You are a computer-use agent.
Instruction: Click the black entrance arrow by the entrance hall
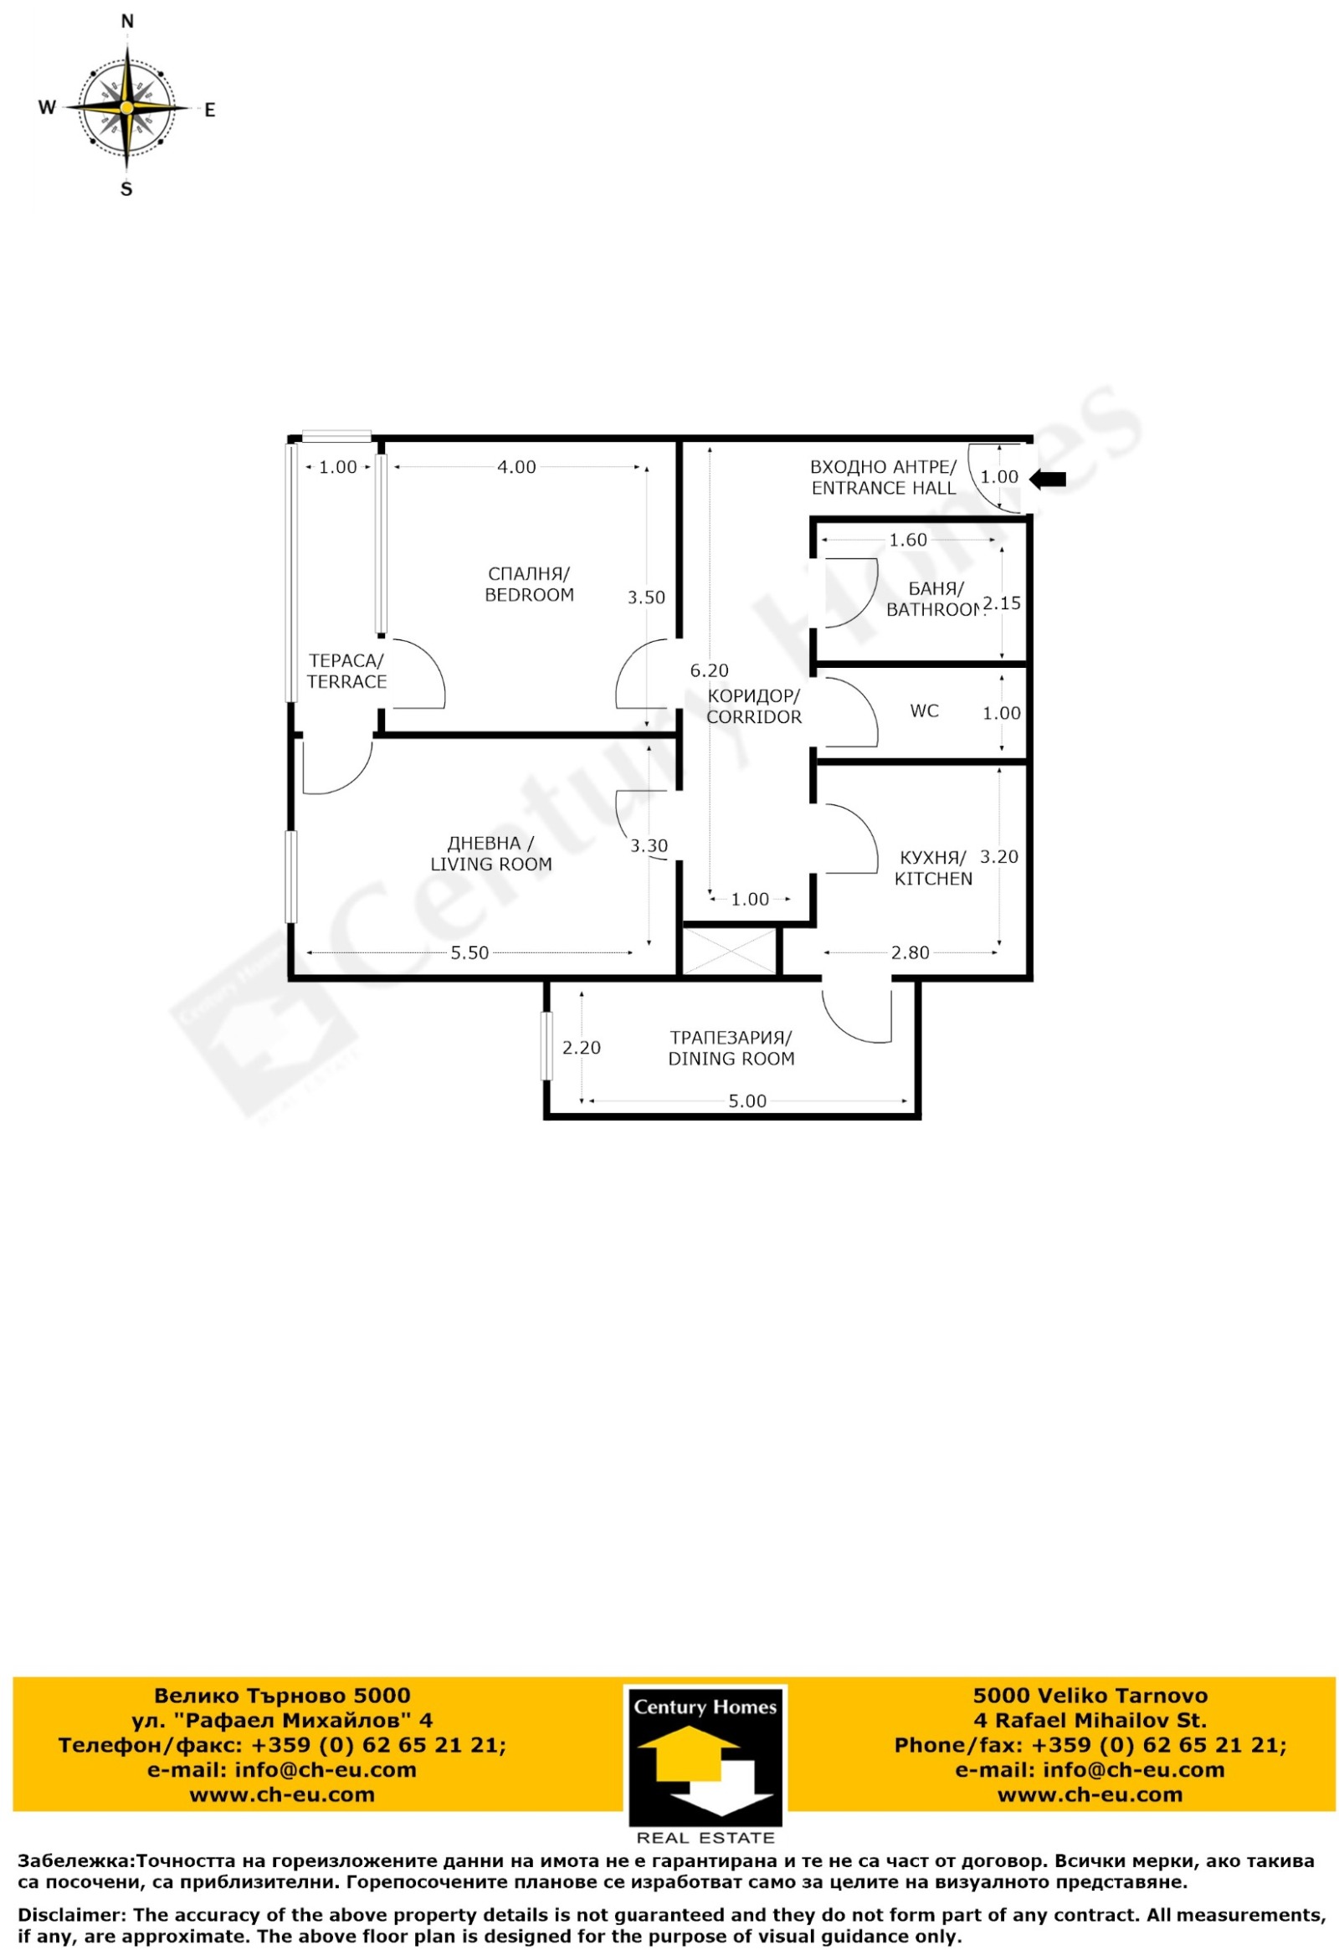[1048, 479]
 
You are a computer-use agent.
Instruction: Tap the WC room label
[925, 711]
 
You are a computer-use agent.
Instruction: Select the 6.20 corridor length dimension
[709, 670]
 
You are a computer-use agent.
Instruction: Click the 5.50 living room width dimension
[469, 952]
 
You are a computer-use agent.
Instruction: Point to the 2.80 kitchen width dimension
[911, 952]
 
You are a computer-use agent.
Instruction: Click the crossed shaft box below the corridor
[731, 951]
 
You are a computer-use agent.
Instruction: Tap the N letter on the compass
[127, 22]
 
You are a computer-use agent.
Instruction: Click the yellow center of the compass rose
[126, 107]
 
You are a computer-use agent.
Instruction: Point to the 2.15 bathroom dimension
[1002, 603]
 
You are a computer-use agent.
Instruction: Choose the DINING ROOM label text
[731, 1059]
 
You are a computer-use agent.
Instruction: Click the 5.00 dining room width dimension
[747, 1101]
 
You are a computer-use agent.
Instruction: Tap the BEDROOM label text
[530, 595]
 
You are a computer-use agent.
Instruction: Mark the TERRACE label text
[346, 681]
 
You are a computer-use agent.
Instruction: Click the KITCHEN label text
[934, 879]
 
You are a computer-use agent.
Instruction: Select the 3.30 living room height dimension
[649, 846]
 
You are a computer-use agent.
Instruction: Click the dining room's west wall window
[547, 1045]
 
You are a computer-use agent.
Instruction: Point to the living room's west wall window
[292, 877]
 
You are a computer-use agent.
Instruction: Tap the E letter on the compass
[211, 110]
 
